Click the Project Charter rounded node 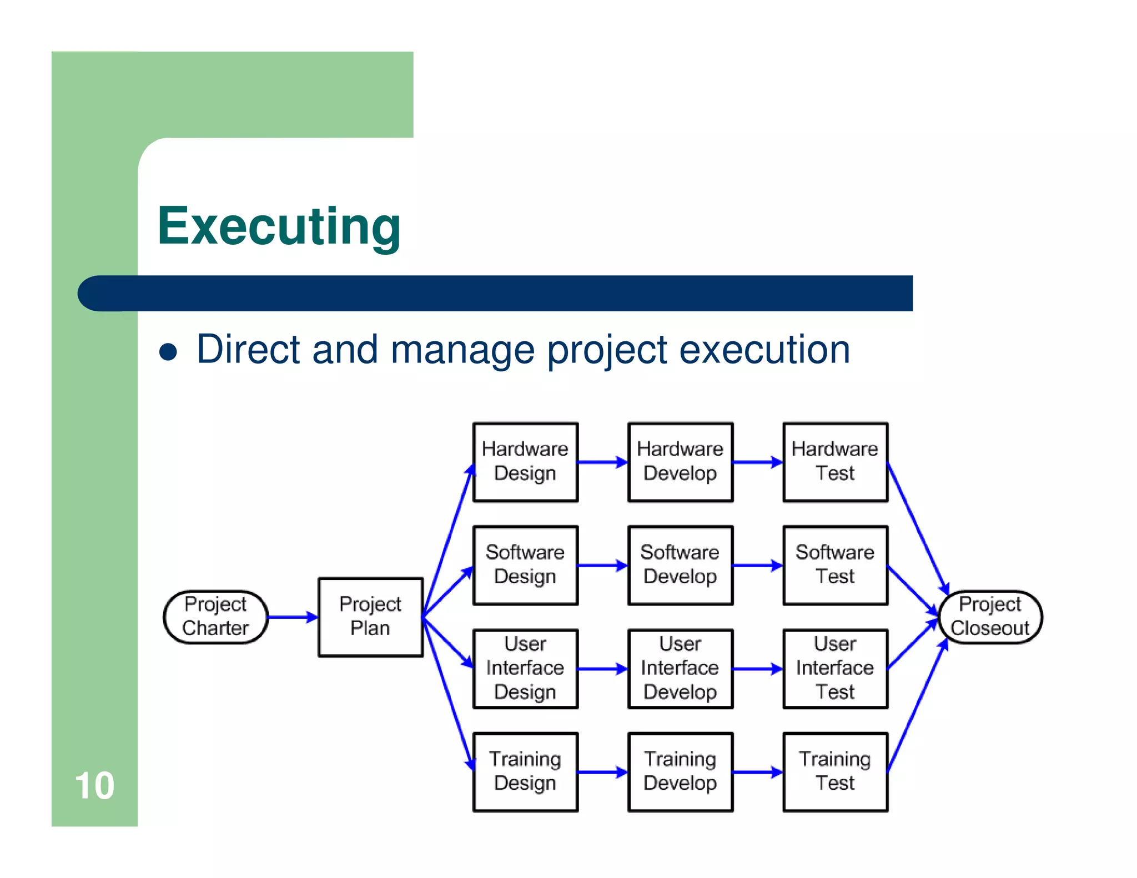click(215, 617)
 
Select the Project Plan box click(370, 617)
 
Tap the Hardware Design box click(525, 462)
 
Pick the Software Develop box click(680, 565)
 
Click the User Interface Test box click(835, 668)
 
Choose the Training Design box click(525, 771)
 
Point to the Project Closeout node click(990, 617)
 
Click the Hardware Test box click(835, 462)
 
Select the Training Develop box click(680, 771)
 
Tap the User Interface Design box click(525, 668)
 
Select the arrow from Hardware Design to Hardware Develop click(602, 462)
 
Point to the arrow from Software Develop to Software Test click(757, 566)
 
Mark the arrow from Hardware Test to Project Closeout click(917, 527)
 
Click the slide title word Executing click(279, 226)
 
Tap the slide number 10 click(94, 786)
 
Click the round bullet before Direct click(168, 352)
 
